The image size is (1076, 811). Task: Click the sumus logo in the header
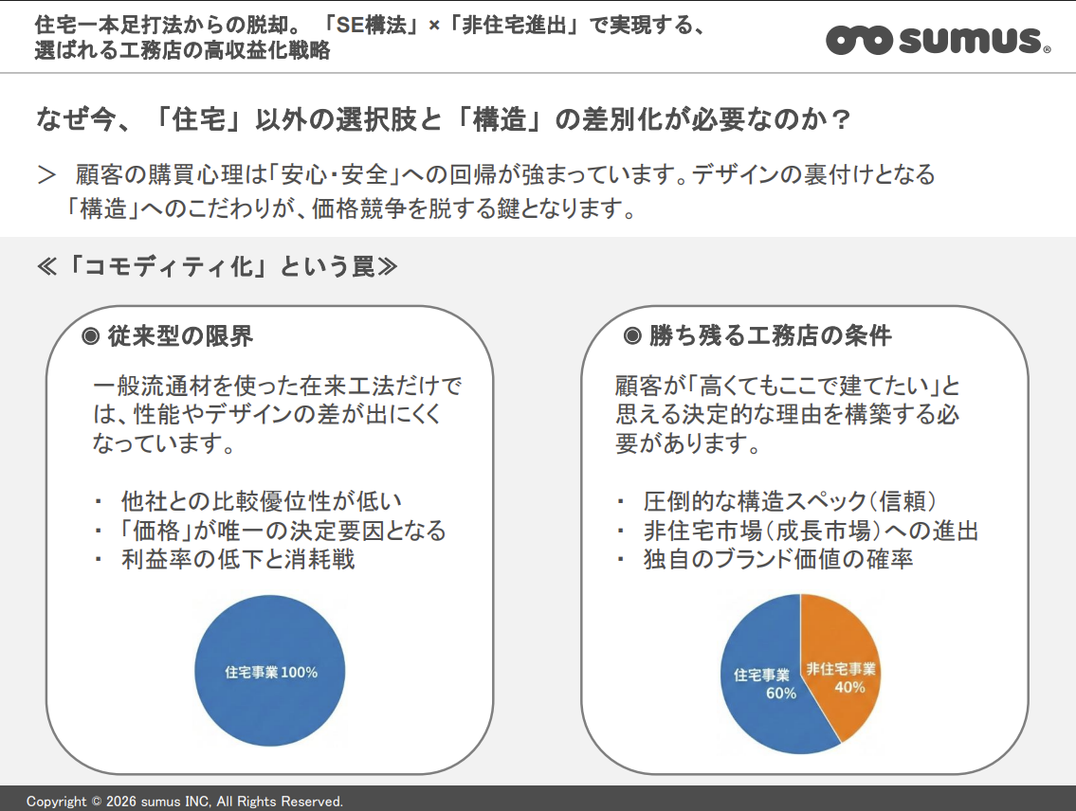937,40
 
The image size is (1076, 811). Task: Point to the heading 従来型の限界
180,336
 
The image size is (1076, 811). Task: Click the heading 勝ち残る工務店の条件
770,336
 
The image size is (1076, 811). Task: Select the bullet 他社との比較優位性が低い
262,501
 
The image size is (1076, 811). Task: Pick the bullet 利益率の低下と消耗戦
237,559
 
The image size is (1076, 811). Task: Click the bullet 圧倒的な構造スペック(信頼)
790,501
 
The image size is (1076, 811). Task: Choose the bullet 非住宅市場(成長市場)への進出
811,531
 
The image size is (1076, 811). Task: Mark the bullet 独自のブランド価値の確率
777,560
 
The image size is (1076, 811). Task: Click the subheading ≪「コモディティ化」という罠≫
215,267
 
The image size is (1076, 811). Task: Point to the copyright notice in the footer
185,802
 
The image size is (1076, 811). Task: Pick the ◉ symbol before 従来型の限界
91,336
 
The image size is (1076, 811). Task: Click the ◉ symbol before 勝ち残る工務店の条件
633,336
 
